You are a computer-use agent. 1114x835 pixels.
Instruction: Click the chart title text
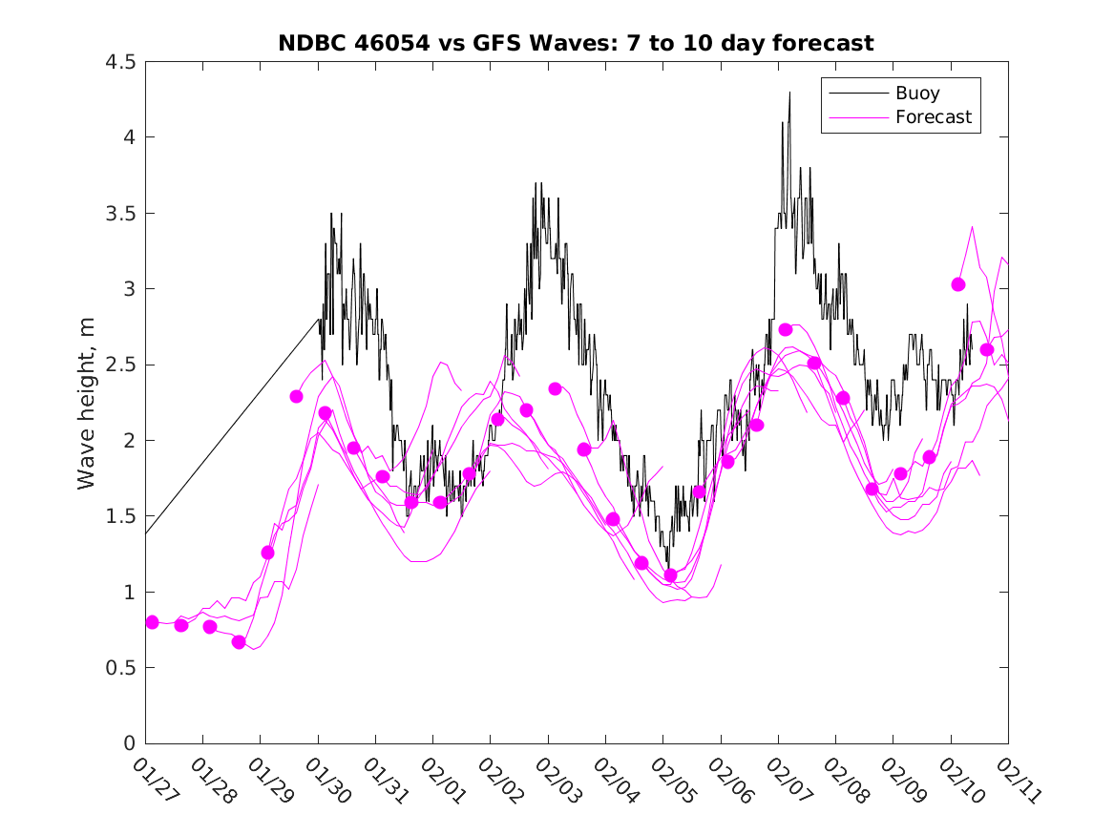[x=576, y=43]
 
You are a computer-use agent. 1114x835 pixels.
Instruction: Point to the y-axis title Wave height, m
[x=87, y=403]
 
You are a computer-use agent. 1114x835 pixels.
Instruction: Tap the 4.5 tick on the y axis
[x=121, y=62]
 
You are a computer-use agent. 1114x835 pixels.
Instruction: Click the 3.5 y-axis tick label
[x=121, y=213]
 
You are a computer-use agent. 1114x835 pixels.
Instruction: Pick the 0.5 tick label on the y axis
[x=121, y=668]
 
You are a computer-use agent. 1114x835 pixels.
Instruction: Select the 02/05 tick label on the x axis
[x=670, y=781]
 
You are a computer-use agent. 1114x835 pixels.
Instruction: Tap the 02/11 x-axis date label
[x=1016, y=781]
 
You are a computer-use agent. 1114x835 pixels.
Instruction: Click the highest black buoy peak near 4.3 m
[x=789, y=93]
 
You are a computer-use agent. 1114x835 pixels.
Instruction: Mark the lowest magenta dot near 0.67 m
[x=239, y=642]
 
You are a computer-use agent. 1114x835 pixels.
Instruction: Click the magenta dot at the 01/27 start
[x=152, y=622]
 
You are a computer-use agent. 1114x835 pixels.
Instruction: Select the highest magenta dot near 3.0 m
[x=958, y=284]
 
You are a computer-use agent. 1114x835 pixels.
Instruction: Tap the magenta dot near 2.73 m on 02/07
[x=786, y=329]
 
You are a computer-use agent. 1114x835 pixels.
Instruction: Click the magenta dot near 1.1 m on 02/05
[x=670, y=575]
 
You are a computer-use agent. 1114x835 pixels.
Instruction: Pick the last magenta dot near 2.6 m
[x=987, y=349]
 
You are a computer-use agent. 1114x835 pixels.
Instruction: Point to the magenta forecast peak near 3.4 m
[x=972, y=227]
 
